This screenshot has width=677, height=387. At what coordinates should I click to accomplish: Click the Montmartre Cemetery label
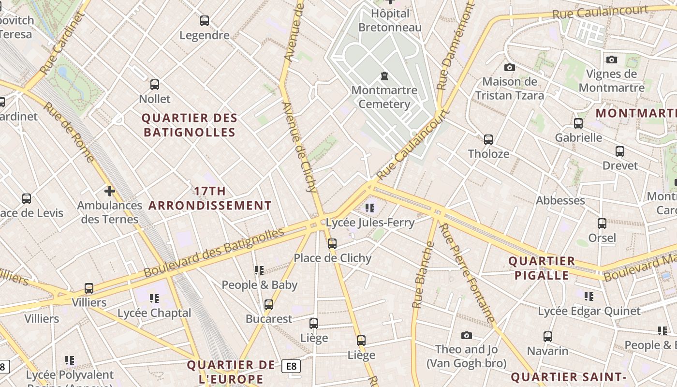coord(384,97)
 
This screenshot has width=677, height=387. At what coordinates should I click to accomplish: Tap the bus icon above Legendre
coord(205,21)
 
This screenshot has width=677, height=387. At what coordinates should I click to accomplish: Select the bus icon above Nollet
coord(155,85)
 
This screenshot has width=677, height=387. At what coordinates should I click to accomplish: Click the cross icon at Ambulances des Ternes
coord(110,191)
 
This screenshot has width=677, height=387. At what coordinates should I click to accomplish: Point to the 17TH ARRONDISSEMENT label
coord(210,198)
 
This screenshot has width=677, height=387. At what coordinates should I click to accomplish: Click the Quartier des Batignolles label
coord(190,125)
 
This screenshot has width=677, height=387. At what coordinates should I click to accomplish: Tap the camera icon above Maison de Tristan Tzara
coord(509,67)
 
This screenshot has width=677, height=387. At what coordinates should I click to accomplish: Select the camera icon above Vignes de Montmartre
coord(612,60)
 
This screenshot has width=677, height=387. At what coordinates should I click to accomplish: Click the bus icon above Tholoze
coord(488,140)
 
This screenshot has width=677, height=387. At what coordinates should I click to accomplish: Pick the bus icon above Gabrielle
coord(578,123)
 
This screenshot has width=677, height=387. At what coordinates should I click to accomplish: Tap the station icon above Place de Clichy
coord(332,244)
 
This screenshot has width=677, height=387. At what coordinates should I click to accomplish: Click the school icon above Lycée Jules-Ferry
coord(370,208)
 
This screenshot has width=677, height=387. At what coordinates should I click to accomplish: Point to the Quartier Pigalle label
coord(542,268)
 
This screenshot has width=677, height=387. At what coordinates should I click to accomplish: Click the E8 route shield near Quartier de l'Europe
coord(291,366)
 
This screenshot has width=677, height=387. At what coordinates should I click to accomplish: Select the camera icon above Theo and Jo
coord(467,335)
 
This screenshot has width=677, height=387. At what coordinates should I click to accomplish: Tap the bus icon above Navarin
coord(548,337)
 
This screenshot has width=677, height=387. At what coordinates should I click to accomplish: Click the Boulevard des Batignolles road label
coord(214,253)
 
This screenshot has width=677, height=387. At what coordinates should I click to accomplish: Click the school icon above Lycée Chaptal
coord(154,298)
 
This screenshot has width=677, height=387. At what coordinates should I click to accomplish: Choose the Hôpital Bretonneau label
coord(390,20)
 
